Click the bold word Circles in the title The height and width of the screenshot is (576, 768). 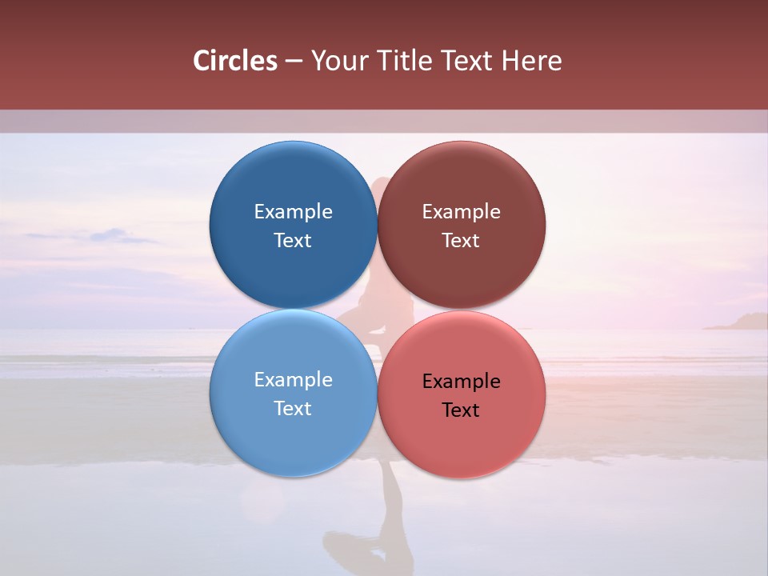pos(234,61)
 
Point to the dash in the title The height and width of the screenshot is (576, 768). pos(293,62)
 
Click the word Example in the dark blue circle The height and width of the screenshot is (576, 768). pos(293,212)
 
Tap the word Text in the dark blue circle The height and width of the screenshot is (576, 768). pos(293,241)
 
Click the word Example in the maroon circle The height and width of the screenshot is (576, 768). pos(461,212)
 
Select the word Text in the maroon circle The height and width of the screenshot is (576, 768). pos(461,241)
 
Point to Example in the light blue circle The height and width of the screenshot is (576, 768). pos(293,380)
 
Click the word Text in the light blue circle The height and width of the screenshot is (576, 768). pos(293,409)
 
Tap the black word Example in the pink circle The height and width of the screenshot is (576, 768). pos(461,382)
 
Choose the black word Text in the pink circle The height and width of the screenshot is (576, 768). pos(461,410)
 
